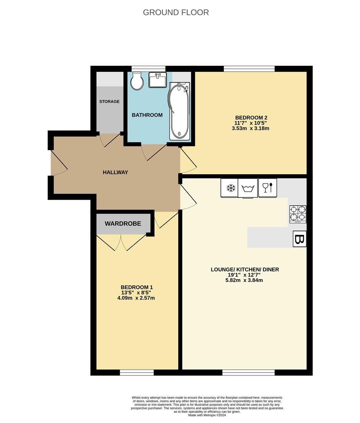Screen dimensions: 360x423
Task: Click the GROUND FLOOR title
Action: point(176,13)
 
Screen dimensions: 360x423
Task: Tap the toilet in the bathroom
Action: point(137,81)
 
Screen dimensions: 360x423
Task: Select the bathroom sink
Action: point(158,80)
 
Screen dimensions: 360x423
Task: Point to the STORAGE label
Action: point(110,101)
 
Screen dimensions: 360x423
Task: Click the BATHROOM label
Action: point(147,115)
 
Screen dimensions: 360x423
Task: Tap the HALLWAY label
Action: point(115,172)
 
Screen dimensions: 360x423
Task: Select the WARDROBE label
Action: point(123,224)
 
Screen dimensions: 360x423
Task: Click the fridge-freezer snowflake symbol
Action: point(231,188)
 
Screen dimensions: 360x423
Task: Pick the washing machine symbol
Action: point(248,188)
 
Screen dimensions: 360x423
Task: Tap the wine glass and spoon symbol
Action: point(268,188)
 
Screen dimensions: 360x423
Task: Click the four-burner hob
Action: point(298,214)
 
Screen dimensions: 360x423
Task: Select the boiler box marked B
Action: point(300,239)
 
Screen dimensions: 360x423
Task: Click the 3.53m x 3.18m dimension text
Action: point(250,128)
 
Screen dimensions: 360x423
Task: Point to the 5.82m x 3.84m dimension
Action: point(244,280)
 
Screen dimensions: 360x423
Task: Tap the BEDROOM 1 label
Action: point(137,287)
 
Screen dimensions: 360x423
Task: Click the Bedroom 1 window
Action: point(137,372)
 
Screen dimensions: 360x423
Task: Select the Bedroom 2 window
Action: point(249,69)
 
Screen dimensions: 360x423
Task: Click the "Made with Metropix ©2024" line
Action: point(207,415)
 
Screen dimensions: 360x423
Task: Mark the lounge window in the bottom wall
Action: point(248,372)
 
